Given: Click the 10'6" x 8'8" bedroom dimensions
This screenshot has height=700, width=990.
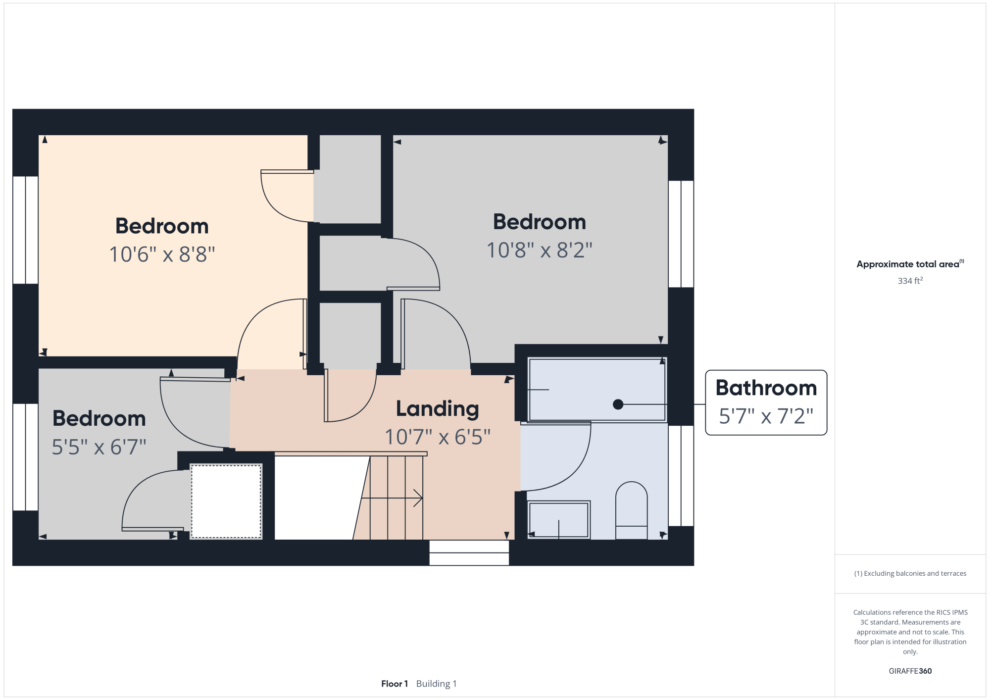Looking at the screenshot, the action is (x=162, y=254).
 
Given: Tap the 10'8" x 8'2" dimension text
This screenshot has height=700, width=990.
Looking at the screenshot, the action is (x=540, y=250).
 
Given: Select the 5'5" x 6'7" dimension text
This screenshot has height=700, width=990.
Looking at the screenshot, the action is (x=99, y=447).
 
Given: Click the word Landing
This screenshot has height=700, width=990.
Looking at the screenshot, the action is (x=438, y=409).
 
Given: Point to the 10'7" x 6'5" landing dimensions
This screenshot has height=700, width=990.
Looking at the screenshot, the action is (x=438, y=437).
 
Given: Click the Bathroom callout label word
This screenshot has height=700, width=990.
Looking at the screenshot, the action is (x=766, y=388).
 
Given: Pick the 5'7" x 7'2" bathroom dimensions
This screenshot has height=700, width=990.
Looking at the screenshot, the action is (x=766, y=416).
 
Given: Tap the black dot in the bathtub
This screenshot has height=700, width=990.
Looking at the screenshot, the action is (x=618, y=404).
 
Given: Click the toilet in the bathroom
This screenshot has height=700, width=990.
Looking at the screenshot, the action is (x=632, y=510).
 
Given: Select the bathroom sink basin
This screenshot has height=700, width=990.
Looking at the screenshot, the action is (x=559, y=520).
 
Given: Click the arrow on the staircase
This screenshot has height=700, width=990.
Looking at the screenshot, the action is (x=392, y=498).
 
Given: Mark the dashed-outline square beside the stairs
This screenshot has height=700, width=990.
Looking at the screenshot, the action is (x=226, y=501).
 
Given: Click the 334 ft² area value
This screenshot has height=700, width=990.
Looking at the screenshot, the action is (x=910, y=281).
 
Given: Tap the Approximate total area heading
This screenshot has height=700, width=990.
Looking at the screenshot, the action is (x=910, y=264).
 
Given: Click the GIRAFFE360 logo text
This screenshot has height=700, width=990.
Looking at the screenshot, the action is (x=910, y=671).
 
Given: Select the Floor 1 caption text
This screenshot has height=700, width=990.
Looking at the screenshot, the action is (x=395, y=684).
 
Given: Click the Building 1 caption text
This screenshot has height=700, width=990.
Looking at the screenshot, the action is (x=437, y=684).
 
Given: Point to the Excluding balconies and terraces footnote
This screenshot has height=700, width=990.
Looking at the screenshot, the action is (x=910, y=573).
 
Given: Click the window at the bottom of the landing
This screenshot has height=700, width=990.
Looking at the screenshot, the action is (x=469, y=553).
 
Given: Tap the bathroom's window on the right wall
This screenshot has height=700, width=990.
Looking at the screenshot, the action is (x=681, y=476).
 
